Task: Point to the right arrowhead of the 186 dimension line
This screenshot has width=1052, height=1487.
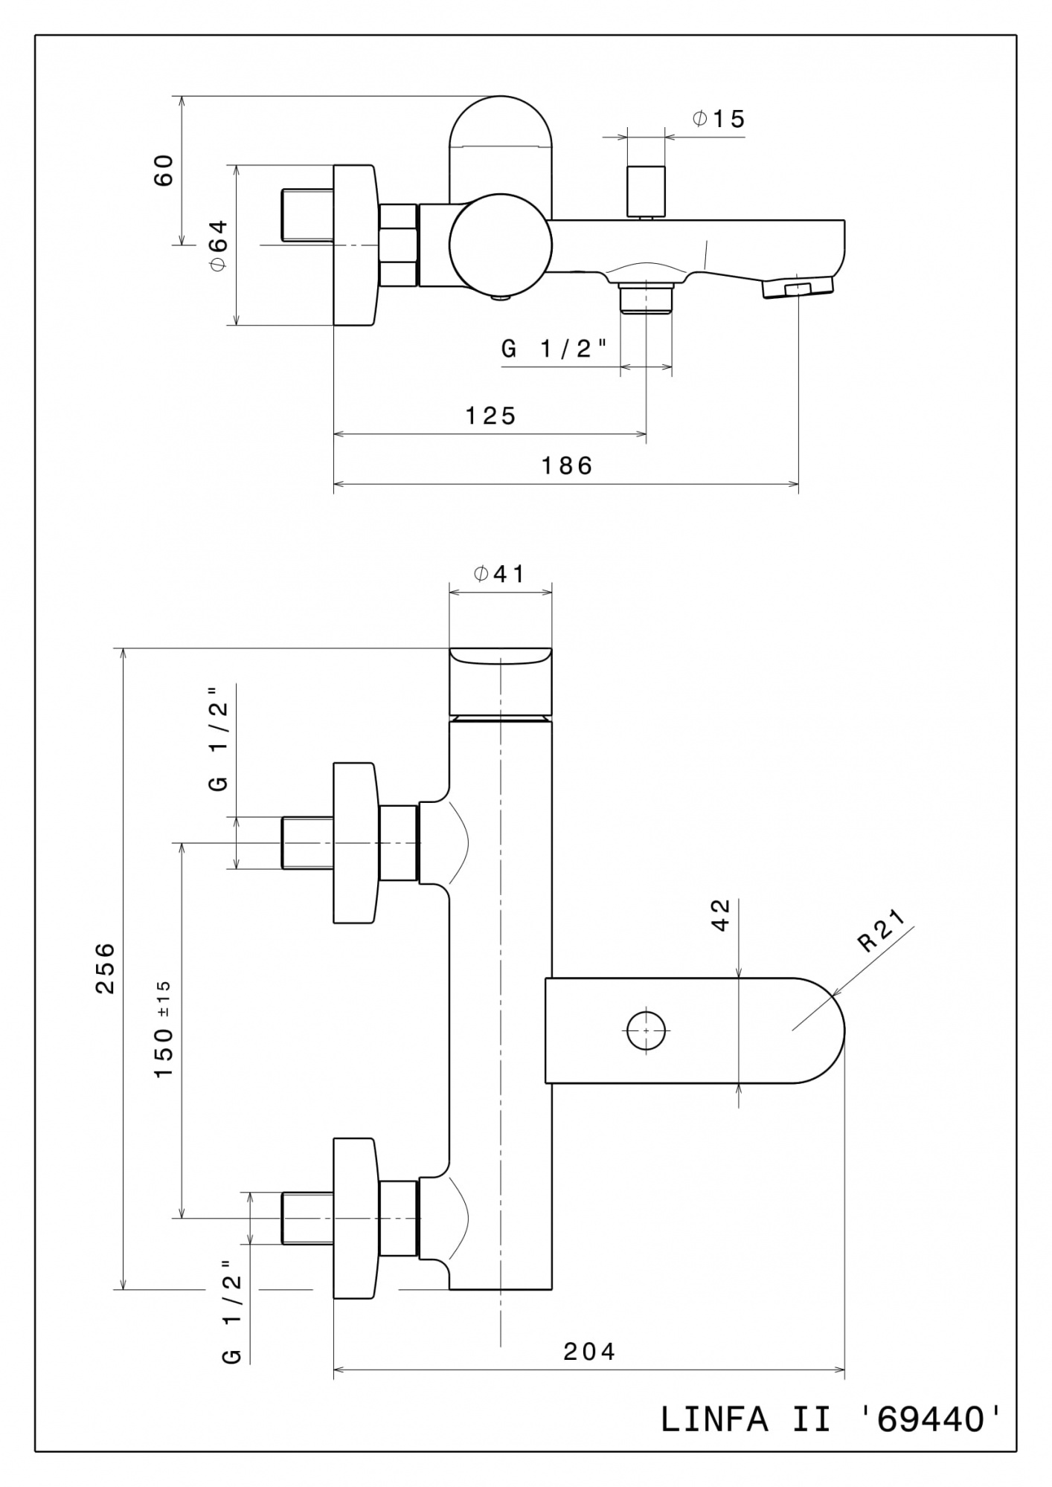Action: pyautogui.click(x=793, y=484)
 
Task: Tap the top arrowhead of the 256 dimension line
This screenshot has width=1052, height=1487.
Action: pyautogui.click(x=124, y=654)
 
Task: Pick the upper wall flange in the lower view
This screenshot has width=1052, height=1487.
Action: pyautogui.click(x=354, y=843)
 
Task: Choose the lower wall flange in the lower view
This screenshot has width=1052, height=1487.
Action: pyautogui.click(x=354, y=1218)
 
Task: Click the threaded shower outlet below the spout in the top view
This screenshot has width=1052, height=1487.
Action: pyautogui.click(x=646, y=299)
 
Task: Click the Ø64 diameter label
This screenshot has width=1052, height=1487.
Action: pyautogui.click(x=217, y=245)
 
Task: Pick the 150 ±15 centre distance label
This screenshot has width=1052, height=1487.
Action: pyautogui.click(x=164, y=1030)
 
